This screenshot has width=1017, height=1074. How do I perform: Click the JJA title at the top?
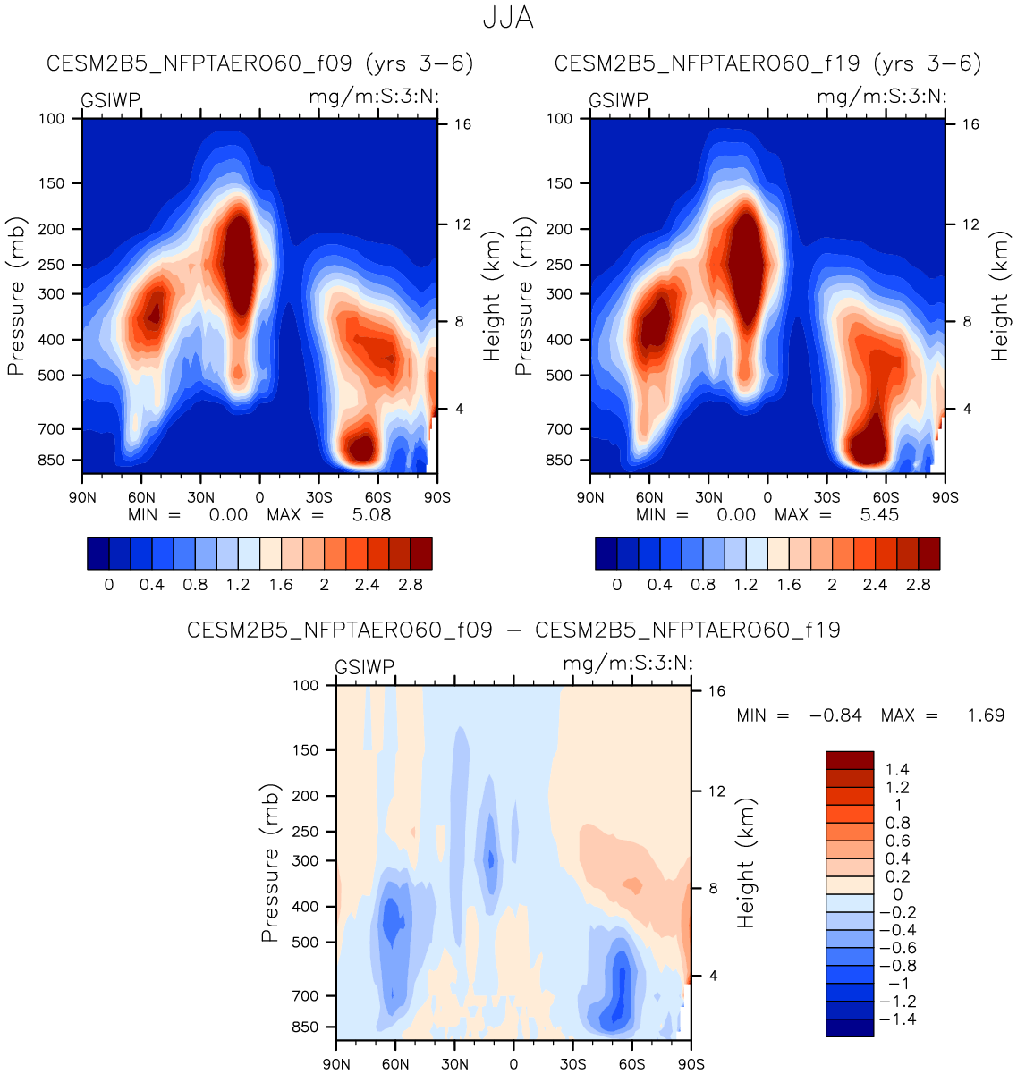[508, 18]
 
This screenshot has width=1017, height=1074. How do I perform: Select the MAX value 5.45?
[880, 514]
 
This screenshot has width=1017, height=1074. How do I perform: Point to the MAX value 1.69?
[986, 715]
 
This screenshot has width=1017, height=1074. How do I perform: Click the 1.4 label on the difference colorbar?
[897, 769]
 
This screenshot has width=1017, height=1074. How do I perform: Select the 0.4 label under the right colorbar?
[660, 585]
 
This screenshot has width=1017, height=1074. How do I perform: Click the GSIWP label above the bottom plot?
[365, 667]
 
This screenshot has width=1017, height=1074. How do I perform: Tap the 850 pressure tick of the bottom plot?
[306, 1027]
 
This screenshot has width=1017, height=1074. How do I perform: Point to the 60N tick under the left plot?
[141, 497]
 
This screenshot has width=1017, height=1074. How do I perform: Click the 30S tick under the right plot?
[827, 497]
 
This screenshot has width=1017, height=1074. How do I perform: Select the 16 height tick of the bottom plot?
[716, 691]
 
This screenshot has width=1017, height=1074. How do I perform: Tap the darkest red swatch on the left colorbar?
[421, 554]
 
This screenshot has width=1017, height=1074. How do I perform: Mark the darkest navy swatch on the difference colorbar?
[849, 1027]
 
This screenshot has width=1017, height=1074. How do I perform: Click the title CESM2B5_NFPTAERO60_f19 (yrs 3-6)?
[767, 63]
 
